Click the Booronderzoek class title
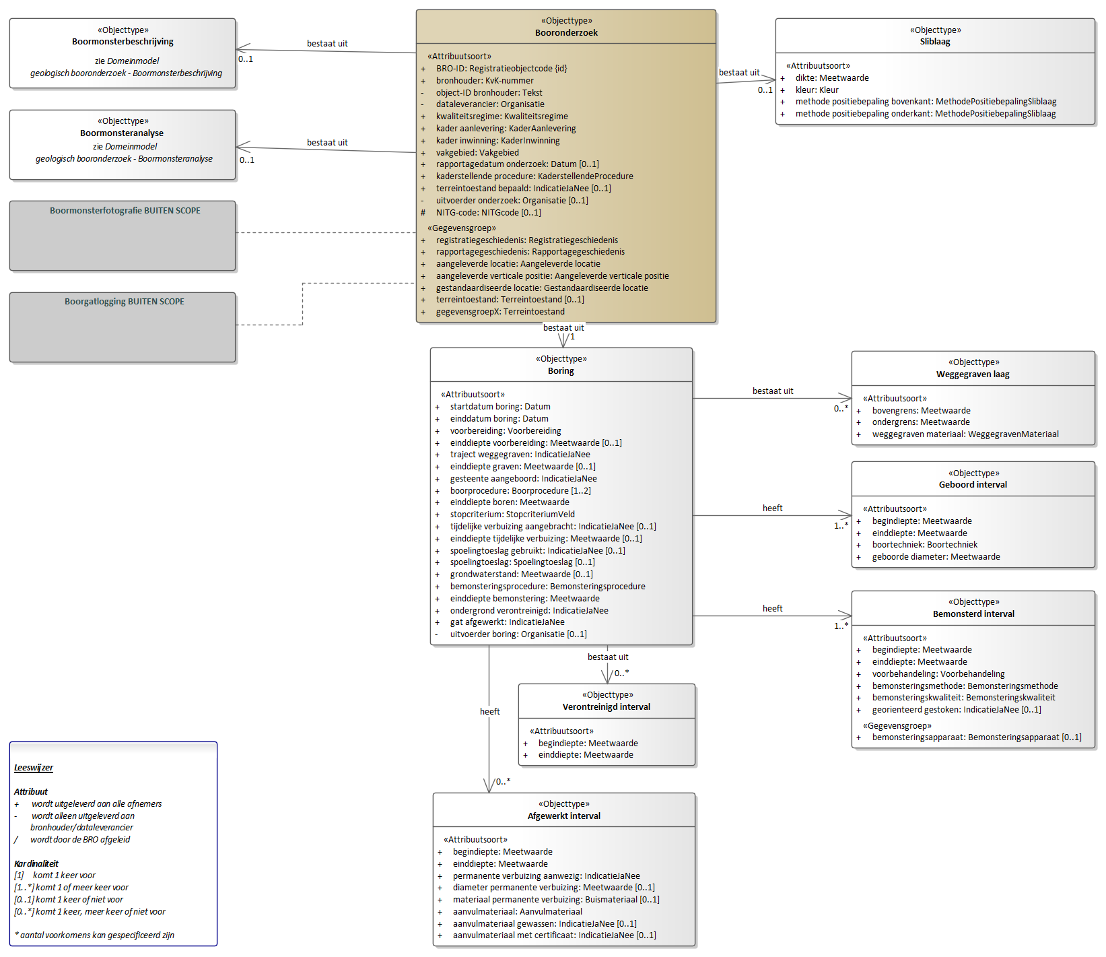point(566,33)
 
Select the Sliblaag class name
point(935,42)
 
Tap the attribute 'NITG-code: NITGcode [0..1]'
point(488,213)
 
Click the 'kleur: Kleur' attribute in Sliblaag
point(817,90)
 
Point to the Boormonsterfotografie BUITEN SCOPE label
point(125,211)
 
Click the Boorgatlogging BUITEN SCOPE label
point(125,302)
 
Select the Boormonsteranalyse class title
point(122,133)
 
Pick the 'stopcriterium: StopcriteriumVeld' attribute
point(512,515)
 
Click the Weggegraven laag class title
point(973,374)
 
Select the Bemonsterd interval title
point(973,614)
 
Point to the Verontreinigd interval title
point(607,707)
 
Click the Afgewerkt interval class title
point(564,816)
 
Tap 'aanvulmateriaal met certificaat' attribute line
point(554,935)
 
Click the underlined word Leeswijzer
point(34,768)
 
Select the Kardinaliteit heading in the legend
point(36,864)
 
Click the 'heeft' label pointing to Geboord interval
point(773,508)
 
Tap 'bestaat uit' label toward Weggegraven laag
point(773,391)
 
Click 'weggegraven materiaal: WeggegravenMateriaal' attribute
point(965,434)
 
